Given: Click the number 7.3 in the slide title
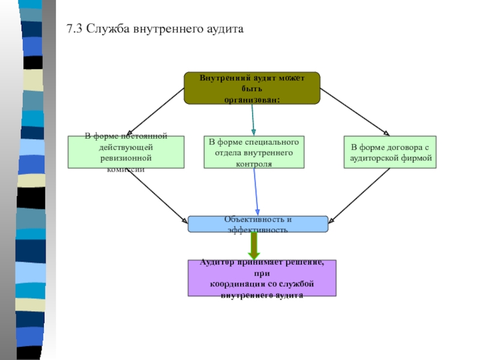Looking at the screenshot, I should click(74, 29).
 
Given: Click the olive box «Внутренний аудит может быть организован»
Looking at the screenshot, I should click(252, 88).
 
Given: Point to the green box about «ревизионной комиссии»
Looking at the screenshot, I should click(125, 152).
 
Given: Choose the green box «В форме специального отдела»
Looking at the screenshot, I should click(254, 152).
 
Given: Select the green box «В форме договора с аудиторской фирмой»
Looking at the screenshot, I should click(389, 152).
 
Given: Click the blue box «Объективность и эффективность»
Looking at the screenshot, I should click(258, 224).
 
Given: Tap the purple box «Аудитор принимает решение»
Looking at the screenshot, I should click(262, 278).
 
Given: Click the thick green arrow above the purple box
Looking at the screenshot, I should click(254, 245).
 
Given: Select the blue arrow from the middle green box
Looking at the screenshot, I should click(256, 192).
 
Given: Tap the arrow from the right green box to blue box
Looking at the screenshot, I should click(358, 195).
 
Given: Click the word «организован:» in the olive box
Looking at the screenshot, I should click(252, 98).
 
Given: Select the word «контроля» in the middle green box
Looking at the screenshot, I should click(254, 163).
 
